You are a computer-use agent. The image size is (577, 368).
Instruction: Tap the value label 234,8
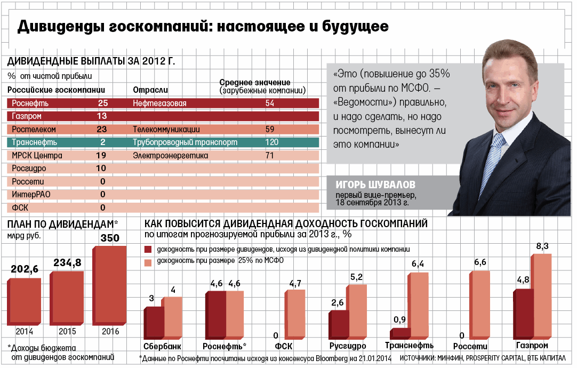pyautogui.click(x=66, y=262)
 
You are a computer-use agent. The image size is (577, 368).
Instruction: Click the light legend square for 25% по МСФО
pyautogui.click(x=148, y=262)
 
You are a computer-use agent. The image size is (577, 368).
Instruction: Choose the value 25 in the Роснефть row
pyautogui.click(x=103, y=103)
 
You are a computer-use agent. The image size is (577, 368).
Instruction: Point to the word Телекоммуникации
pyautogui.click(x=166, y=129)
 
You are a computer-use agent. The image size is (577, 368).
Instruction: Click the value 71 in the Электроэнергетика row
pyautogui.click(x=270, y=156)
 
